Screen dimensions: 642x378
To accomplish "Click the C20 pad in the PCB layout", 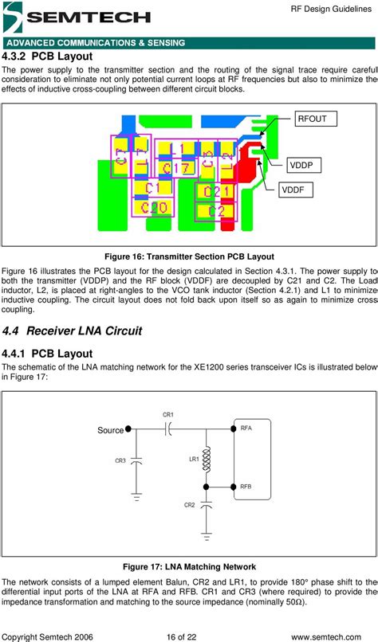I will tap(152, 208).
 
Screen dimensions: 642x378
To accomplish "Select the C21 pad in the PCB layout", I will tap(216, 192).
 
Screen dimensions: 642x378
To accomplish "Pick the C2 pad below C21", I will tap(216, 211).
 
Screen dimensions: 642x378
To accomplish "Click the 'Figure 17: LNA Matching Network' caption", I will tap(189, 566).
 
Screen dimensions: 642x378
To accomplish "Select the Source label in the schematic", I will tap(110, 430).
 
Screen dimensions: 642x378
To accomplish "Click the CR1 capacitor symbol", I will tap(168, 429).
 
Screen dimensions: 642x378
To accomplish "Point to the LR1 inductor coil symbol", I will tap(207, 459).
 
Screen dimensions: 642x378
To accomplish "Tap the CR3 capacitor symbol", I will tap(136, 461).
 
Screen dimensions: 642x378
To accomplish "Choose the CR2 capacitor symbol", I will tap(207, 505).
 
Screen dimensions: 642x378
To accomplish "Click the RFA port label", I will tap(246, 429).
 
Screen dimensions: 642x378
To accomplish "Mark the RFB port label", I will tap(246, 486).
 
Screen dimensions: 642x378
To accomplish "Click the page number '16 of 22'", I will tap(188, 636).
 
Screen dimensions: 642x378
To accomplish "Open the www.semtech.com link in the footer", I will tap(333, 636).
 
